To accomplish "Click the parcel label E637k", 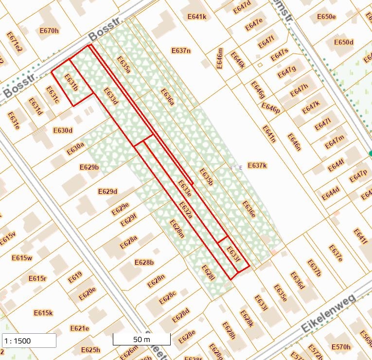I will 257,166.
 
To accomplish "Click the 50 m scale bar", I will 142,339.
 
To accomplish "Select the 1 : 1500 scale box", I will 29,341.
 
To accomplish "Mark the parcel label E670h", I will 49,31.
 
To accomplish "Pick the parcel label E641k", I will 197,17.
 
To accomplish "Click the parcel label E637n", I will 181,51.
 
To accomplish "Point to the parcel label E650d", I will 344,42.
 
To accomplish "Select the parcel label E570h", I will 340,347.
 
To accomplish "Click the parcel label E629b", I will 89,167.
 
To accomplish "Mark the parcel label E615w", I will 22,257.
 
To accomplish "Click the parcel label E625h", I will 90,350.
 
